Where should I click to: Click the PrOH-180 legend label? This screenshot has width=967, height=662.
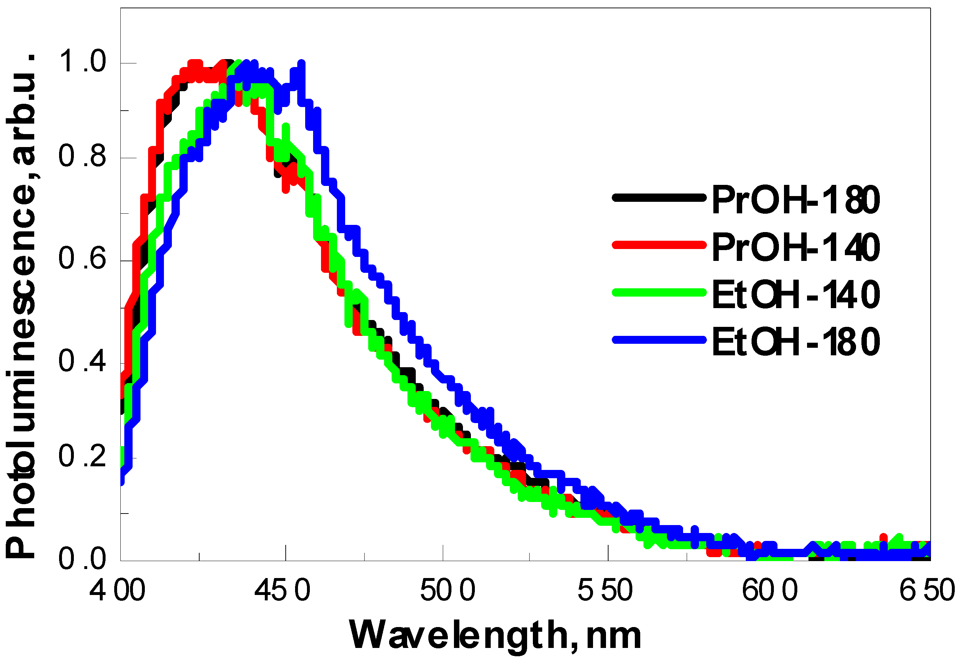click(x=796, y=200)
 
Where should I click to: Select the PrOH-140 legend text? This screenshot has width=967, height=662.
click(x=796, y=248)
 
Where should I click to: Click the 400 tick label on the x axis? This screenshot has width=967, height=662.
click(x=117, y=590)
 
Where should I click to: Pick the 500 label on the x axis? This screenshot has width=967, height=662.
click(x=448, y=590)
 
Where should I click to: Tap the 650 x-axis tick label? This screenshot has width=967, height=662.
click(x=927, y=590)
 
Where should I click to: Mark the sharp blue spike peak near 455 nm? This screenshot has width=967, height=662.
click(x=302, y=64)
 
